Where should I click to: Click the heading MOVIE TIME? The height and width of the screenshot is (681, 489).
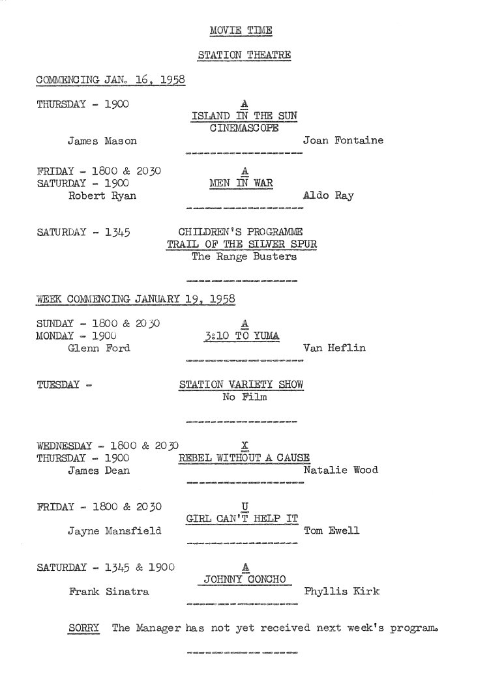pos(241,31)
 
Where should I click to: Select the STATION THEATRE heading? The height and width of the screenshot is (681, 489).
pos(244,55)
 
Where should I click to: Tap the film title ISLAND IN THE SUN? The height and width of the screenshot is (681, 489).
pos(244,116)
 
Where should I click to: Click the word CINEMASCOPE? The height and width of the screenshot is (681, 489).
pos(244,128)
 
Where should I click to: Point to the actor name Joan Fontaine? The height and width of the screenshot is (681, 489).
pos(344,140)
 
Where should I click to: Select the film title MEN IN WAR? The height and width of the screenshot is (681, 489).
pos(241,183)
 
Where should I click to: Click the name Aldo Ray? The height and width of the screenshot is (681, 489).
pos(328,196)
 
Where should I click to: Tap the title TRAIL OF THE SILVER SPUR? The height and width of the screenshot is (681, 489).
pos(242,244)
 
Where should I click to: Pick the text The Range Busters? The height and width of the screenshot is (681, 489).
pos(244,256)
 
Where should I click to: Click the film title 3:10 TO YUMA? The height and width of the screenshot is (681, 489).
pos(242,336)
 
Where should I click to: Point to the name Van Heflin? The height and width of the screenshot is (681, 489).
pos(334,348)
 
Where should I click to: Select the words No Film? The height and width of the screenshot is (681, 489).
pos(244,397)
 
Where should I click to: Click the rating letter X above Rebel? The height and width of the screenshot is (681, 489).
pos(244,446)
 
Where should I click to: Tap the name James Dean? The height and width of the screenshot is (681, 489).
pos(98,471)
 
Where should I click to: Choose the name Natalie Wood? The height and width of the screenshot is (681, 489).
pos(341,470)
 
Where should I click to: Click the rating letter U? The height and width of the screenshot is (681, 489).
pos(244,506)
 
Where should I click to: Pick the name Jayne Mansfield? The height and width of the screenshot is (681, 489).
pos(114,530)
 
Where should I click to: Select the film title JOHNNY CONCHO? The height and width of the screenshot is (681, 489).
pos(245,579)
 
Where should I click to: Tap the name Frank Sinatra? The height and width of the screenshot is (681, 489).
pos(109,592)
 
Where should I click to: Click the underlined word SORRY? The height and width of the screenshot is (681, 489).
pos(84,628)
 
